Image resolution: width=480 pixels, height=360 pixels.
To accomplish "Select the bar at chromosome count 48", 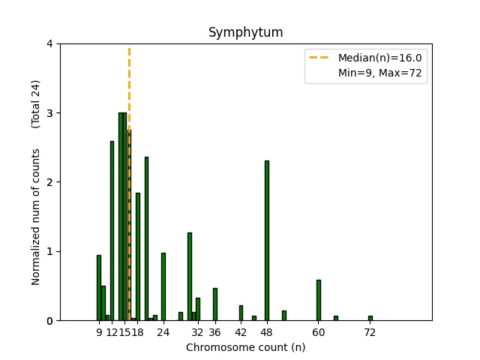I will (266, 240).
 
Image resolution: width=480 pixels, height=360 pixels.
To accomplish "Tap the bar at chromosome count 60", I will (318, 300).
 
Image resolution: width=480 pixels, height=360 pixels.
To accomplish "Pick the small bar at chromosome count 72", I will (370, 318).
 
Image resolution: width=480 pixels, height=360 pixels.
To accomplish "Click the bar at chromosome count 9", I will (99, 288).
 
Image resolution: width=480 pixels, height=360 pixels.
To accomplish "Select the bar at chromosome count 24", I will (163, 286).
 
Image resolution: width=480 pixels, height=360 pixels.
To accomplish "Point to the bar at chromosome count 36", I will (214, 304).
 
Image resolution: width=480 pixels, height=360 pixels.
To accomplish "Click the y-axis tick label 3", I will (49, 113).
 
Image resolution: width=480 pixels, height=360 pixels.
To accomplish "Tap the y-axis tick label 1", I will (49, 251).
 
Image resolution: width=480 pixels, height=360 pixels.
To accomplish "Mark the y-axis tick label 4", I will (49, 43).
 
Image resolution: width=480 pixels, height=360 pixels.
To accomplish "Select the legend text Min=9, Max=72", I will (380, 73).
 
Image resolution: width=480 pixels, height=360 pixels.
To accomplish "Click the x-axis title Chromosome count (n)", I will (245, 347).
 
